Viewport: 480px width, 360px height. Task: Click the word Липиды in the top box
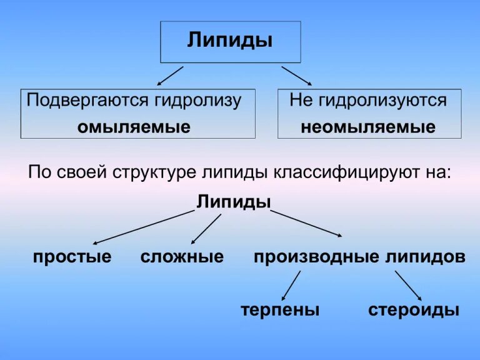[230, 41]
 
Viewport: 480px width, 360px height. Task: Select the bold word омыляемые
[134, 127]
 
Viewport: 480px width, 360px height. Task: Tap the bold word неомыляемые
[368, 127]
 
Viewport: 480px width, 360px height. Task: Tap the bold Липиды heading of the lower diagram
[234, 201]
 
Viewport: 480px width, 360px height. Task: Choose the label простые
[72, 256]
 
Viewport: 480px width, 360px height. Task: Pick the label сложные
[182, 256]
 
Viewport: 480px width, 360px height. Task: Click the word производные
[316, 256]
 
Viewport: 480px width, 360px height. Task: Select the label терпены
[280, 310]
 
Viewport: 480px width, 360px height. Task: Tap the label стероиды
[414, 310]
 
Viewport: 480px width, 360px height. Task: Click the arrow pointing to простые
[144, 227]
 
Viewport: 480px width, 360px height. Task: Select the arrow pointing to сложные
[206, 229]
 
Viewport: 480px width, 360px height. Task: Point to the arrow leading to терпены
[291, 286]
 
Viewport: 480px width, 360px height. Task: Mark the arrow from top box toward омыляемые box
[170, 76]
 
